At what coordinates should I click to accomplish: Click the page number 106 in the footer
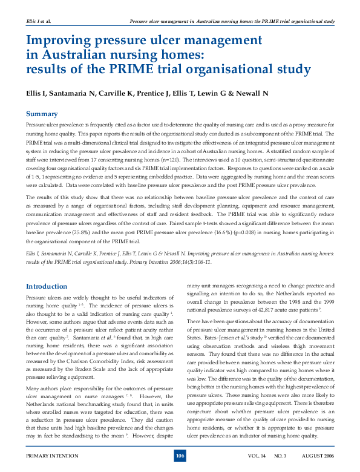[x=180, y=456]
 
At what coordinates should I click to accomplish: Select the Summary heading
[x=42, y=114]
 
